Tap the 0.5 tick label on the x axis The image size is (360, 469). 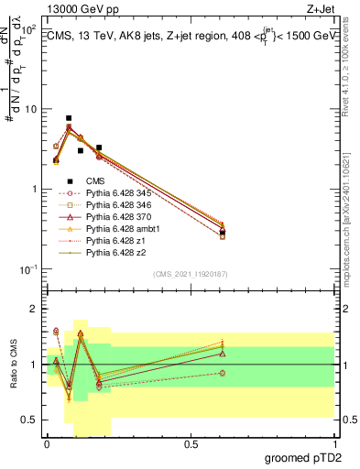tap(191, 443)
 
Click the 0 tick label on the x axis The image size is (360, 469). tap(47, 443)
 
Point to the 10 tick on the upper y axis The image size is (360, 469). tap(31, 109)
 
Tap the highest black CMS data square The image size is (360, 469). tap(69, 118)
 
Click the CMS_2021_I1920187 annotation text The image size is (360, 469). tap(191, 274)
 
